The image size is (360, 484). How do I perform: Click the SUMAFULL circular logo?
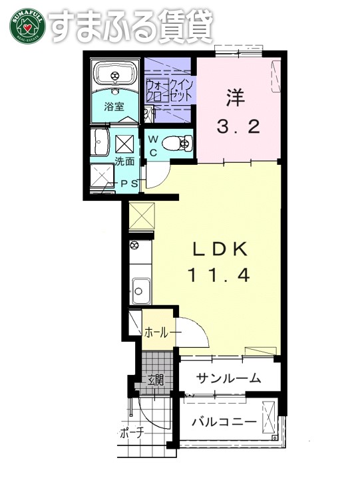(x=25, y=25)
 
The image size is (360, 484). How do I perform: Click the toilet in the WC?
(x=178, y=142)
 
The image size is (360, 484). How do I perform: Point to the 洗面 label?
(x=124, y=162)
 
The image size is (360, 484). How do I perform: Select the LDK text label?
(x=220, y=250)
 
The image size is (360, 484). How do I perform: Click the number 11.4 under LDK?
(x=220, y=275)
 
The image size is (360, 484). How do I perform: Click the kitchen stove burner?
(x=134, y=247)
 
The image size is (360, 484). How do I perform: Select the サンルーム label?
(x=228, y=378)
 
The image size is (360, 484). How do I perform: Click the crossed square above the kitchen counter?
(x=142, y=215)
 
